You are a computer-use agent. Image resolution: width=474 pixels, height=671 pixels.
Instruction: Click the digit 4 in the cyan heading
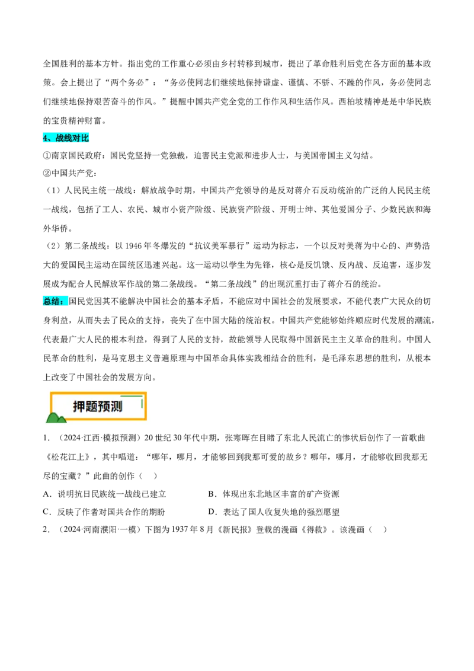pos(45,138)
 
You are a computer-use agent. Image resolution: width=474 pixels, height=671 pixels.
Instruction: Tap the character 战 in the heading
pos(60,138)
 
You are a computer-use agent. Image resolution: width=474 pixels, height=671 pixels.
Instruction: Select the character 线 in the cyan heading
pos(69,138)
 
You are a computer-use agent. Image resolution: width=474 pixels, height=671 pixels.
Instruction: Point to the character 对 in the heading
pos(78,138)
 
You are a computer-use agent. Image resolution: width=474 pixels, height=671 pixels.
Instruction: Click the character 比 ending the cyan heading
pos(86,138)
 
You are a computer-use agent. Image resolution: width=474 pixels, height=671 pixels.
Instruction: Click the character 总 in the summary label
pos(47,301)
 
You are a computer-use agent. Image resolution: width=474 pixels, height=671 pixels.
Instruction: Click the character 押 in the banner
pos(79,407)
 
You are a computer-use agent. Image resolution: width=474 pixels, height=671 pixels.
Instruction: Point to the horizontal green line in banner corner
pos(132,395)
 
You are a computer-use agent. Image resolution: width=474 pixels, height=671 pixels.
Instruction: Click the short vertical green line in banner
pos(142,403)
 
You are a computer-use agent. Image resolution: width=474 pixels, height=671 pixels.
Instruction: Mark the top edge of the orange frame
pos(89,393)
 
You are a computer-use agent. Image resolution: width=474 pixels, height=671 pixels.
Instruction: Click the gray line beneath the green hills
pos(57,424)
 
